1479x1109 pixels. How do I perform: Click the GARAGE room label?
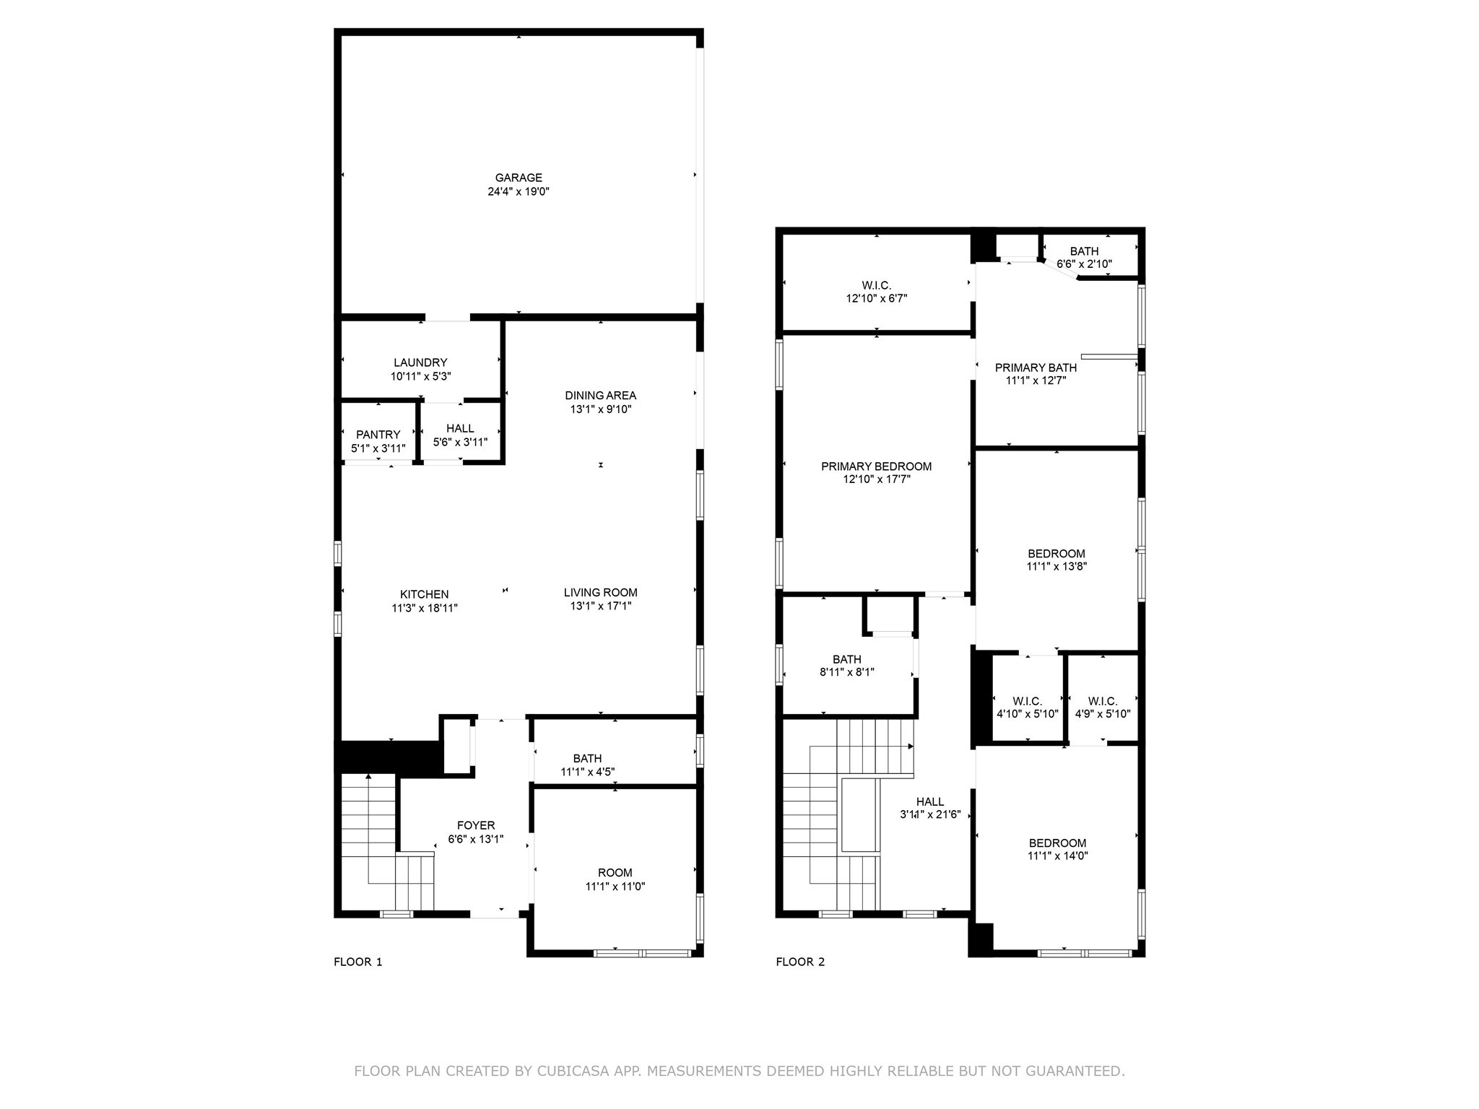click(518, 178)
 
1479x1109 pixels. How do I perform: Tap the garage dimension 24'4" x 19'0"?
click(518, 192)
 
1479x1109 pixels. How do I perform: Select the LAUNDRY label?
click(420, 362)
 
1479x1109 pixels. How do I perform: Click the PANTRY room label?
click(378, 435)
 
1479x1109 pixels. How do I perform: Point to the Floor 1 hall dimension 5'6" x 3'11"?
click(460, 443)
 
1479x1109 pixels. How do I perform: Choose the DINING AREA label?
click(600, 396)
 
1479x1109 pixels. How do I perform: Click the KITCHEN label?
click(425, 594)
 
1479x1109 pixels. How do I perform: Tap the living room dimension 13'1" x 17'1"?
click(600, 606)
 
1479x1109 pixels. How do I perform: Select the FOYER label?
click(476, 825)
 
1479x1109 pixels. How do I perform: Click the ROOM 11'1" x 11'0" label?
click(615, 873)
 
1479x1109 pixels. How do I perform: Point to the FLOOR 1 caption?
click(357, 962)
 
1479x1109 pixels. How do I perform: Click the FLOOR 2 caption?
click(800, 962)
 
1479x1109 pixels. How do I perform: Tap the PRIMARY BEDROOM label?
click(876, 466)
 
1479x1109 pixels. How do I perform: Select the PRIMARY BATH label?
click(1036, 368)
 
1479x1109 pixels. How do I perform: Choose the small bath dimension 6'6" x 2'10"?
click(1084, 264)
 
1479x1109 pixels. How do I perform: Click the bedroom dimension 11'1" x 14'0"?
click(1057, 856)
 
